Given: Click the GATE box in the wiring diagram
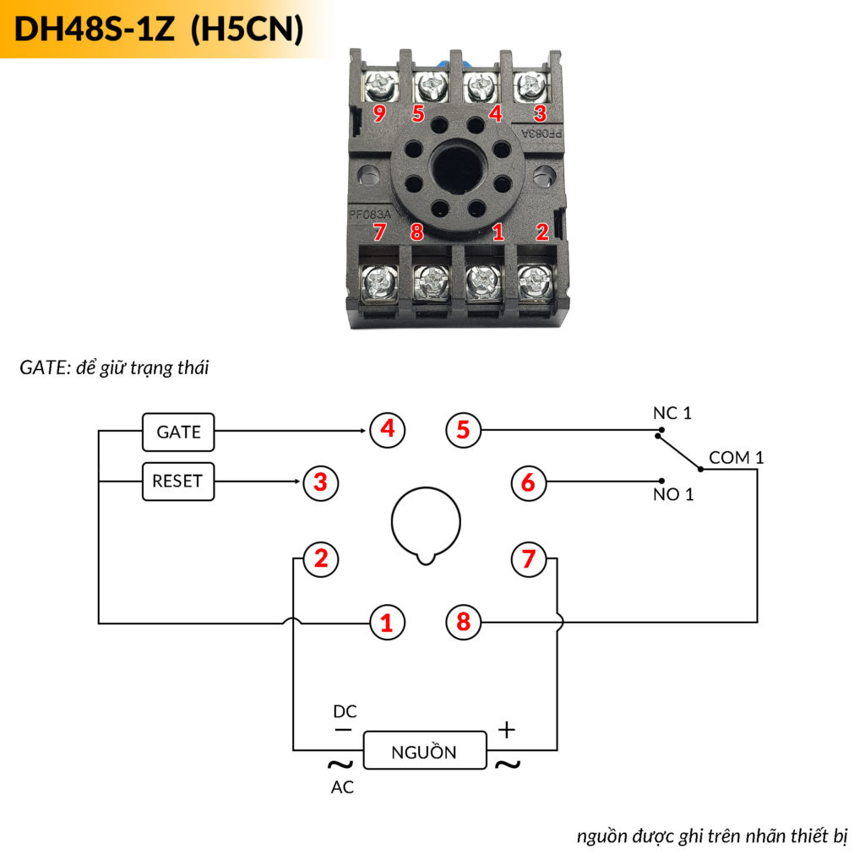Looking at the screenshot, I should (x=178, y=432).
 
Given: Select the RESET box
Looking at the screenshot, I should (x=177, y=481).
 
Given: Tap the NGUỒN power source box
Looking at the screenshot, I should (x=425, y=751).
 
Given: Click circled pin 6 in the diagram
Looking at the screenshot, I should (x=529, y=483).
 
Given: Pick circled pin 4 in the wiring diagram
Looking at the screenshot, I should (x=388, y=429).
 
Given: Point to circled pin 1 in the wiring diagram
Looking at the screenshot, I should (x=388, y=623).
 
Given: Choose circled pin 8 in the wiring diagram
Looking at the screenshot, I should (x=463, y=623).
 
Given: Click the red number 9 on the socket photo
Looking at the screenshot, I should (x=380, y=113).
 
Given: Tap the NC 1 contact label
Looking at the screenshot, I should (x=672, y=413).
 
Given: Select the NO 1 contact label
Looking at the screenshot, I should (x=673, y=494).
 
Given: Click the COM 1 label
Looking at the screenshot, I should (x=736, y=458).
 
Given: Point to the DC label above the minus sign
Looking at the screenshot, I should (x=345, y=711).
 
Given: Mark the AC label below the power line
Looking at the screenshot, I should (x=342, y=788).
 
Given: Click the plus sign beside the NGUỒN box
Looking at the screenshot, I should (x=506, y=731).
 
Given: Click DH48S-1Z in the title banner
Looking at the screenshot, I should (x=95, y=30).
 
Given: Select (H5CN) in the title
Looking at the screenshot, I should (x=247, y=30).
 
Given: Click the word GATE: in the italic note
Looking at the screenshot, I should (x=44, y=368).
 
